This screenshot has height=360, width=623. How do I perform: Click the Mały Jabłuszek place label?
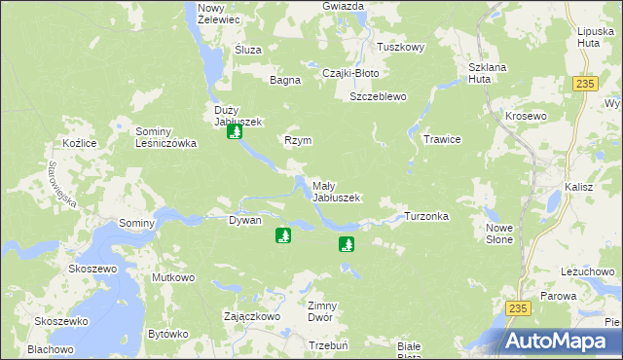pyautogui.click(x=336, y=191)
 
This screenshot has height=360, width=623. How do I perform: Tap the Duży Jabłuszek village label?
pyautogui.click(x=233, y=115)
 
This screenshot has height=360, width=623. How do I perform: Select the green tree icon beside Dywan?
pyautogui.click(x=283, y=235)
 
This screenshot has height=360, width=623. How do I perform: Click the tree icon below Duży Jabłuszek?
pyautogui.click(x=234, y=131)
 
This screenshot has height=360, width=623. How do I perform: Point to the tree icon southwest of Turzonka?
pyautogui.click(x=346, y=243)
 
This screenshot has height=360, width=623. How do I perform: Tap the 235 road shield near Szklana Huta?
pyautogui.click(x=584, y=85)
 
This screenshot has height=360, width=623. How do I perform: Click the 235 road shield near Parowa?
pyautogui.click(x=518, y=307)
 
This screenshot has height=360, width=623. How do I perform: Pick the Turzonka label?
pyautogui.click(x=425, y=216)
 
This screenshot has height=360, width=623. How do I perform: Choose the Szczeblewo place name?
pyautogui.click(x=378, y=97)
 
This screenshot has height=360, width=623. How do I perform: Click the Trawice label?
pyautogui.click(x=441, y=139)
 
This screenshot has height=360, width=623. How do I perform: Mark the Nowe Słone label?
pyautogui.click(x=498, y=234)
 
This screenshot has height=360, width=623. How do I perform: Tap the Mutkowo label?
pyautogui.click(x=173, y=278)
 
